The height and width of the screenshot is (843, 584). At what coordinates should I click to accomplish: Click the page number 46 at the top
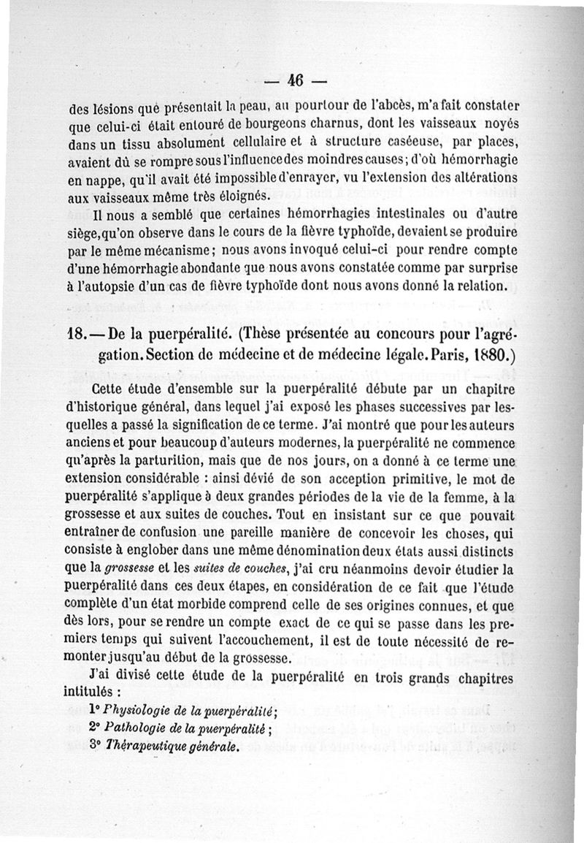point(296,80)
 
